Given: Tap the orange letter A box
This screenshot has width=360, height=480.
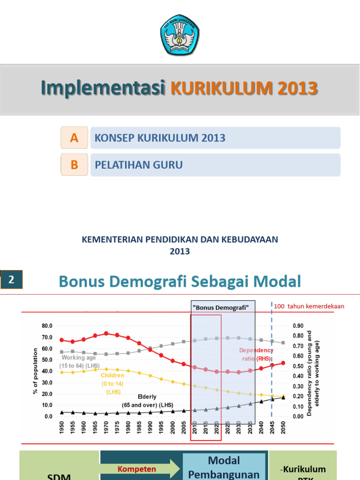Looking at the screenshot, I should (74, 138).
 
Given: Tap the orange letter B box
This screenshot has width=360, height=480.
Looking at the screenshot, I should (74, 165).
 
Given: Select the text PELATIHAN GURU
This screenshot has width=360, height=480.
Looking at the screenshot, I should (139, 165).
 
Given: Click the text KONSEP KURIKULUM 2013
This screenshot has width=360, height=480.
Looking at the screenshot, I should (160, 138).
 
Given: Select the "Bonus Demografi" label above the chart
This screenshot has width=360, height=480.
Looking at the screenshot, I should (220, 307).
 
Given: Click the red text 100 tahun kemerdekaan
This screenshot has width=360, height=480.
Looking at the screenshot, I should (309, 306).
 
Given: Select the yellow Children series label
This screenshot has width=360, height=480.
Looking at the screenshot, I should (112, 383).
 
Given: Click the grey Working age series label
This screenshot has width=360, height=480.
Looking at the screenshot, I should (79, 361).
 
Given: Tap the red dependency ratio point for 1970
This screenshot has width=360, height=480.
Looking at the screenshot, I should (106, 333).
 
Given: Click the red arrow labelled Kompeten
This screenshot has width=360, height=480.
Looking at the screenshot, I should (141, 469).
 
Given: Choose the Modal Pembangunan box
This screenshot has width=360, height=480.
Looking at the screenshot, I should (224, 467).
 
